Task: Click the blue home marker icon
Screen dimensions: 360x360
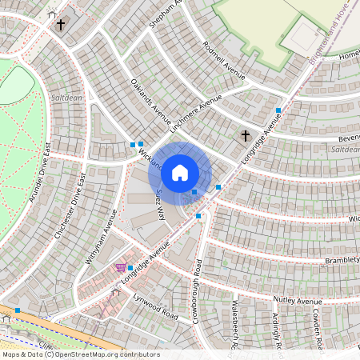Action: click(x=180, y=171)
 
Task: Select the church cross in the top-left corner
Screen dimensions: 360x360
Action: click(x=61, y=25)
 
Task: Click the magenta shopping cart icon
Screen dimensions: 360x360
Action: click(x=120, y=268)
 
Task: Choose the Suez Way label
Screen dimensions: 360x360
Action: click(x=159, y=204)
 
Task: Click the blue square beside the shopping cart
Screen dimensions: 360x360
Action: click(x=130, y=268)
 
